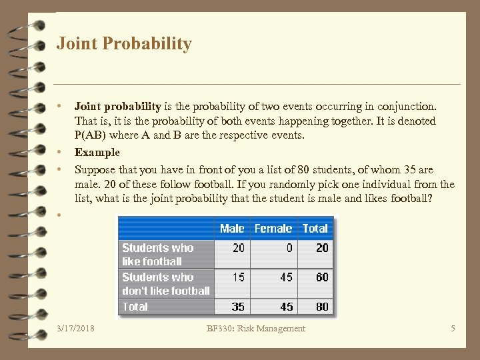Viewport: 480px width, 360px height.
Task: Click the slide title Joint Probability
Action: pos(124,44)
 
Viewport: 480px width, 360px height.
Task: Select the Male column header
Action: pos(232,228)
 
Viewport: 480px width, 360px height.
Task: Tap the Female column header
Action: pos(273,228)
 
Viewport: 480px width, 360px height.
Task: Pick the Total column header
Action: pos(315,228)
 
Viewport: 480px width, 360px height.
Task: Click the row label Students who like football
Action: pos(158,254)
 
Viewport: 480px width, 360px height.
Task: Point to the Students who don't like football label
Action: pos(165,283)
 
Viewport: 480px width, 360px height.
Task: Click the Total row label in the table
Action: pos(135,307)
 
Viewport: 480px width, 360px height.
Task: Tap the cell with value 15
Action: pos(238,277)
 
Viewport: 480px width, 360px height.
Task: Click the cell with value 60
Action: pos(322,277)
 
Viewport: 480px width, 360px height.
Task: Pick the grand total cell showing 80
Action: pos(322,307)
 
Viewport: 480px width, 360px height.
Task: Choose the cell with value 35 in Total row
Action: pos(238,307)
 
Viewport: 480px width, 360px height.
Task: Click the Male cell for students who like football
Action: pos(238,247)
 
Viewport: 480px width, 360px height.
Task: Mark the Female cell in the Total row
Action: pos(286,307)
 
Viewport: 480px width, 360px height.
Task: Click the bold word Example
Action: pos(97,152)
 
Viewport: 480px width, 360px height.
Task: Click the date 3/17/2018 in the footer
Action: pos(76,328)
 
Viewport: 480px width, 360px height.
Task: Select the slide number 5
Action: pos(453,328)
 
